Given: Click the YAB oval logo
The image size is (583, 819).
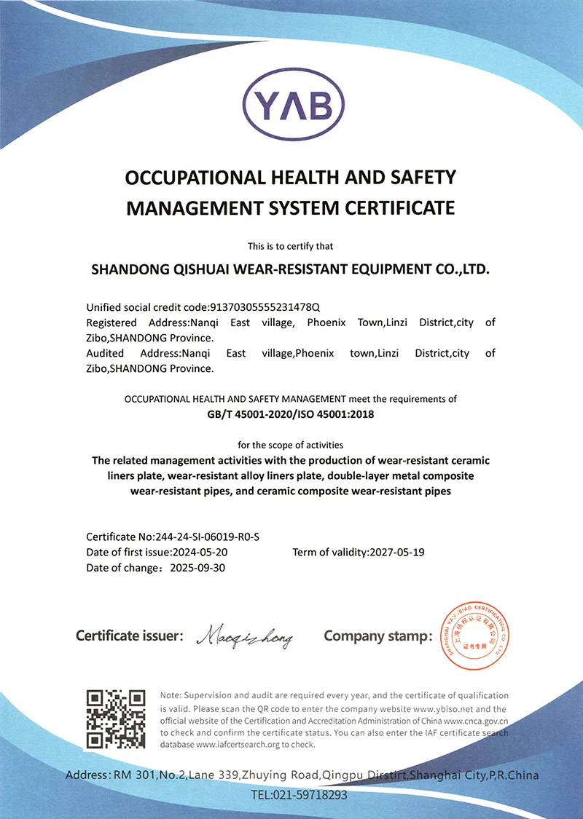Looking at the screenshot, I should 291,108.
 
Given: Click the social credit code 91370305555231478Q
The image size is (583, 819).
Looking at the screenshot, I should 265,306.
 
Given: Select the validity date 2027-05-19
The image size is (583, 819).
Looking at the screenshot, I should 397,553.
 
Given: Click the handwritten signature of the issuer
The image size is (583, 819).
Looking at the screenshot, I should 244,638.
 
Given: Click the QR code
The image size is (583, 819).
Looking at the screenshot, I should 117,719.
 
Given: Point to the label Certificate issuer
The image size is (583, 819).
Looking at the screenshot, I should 128,636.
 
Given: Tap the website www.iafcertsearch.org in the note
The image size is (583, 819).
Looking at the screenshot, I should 243,745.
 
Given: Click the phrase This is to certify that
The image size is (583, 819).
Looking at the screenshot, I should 291,246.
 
